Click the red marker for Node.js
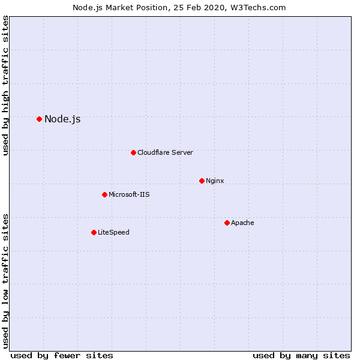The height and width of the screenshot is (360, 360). (39, 119)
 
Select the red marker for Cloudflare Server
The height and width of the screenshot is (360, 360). (133, 152)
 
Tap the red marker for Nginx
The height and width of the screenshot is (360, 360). (202, 181)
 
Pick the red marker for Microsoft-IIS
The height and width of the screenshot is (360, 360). (104, 194)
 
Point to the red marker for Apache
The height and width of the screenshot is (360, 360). (227, 223)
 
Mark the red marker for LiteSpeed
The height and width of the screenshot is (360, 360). (94, 232)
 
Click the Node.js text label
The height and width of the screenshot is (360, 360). (62, 119)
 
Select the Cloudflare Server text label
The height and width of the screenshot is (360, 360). (165, 152)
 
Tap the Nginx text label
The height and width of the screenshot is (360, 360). (215, 181)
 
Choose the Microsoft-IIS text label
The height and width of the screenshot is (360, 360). (129, 194)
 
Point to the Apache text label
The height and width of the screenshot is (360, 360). (242, 223)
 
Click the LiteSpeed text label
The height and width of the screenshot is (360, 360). (113, 232)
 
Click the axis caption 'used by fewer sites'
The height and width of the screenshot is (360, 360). (62, 355)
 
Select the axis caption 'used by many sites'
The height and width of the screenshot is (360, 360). (301, 355)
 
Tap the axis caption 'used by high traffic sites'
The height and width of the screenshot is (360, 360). (5, 86)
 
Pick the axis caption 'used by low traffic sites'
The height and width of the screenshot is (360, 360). (5, 281)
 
